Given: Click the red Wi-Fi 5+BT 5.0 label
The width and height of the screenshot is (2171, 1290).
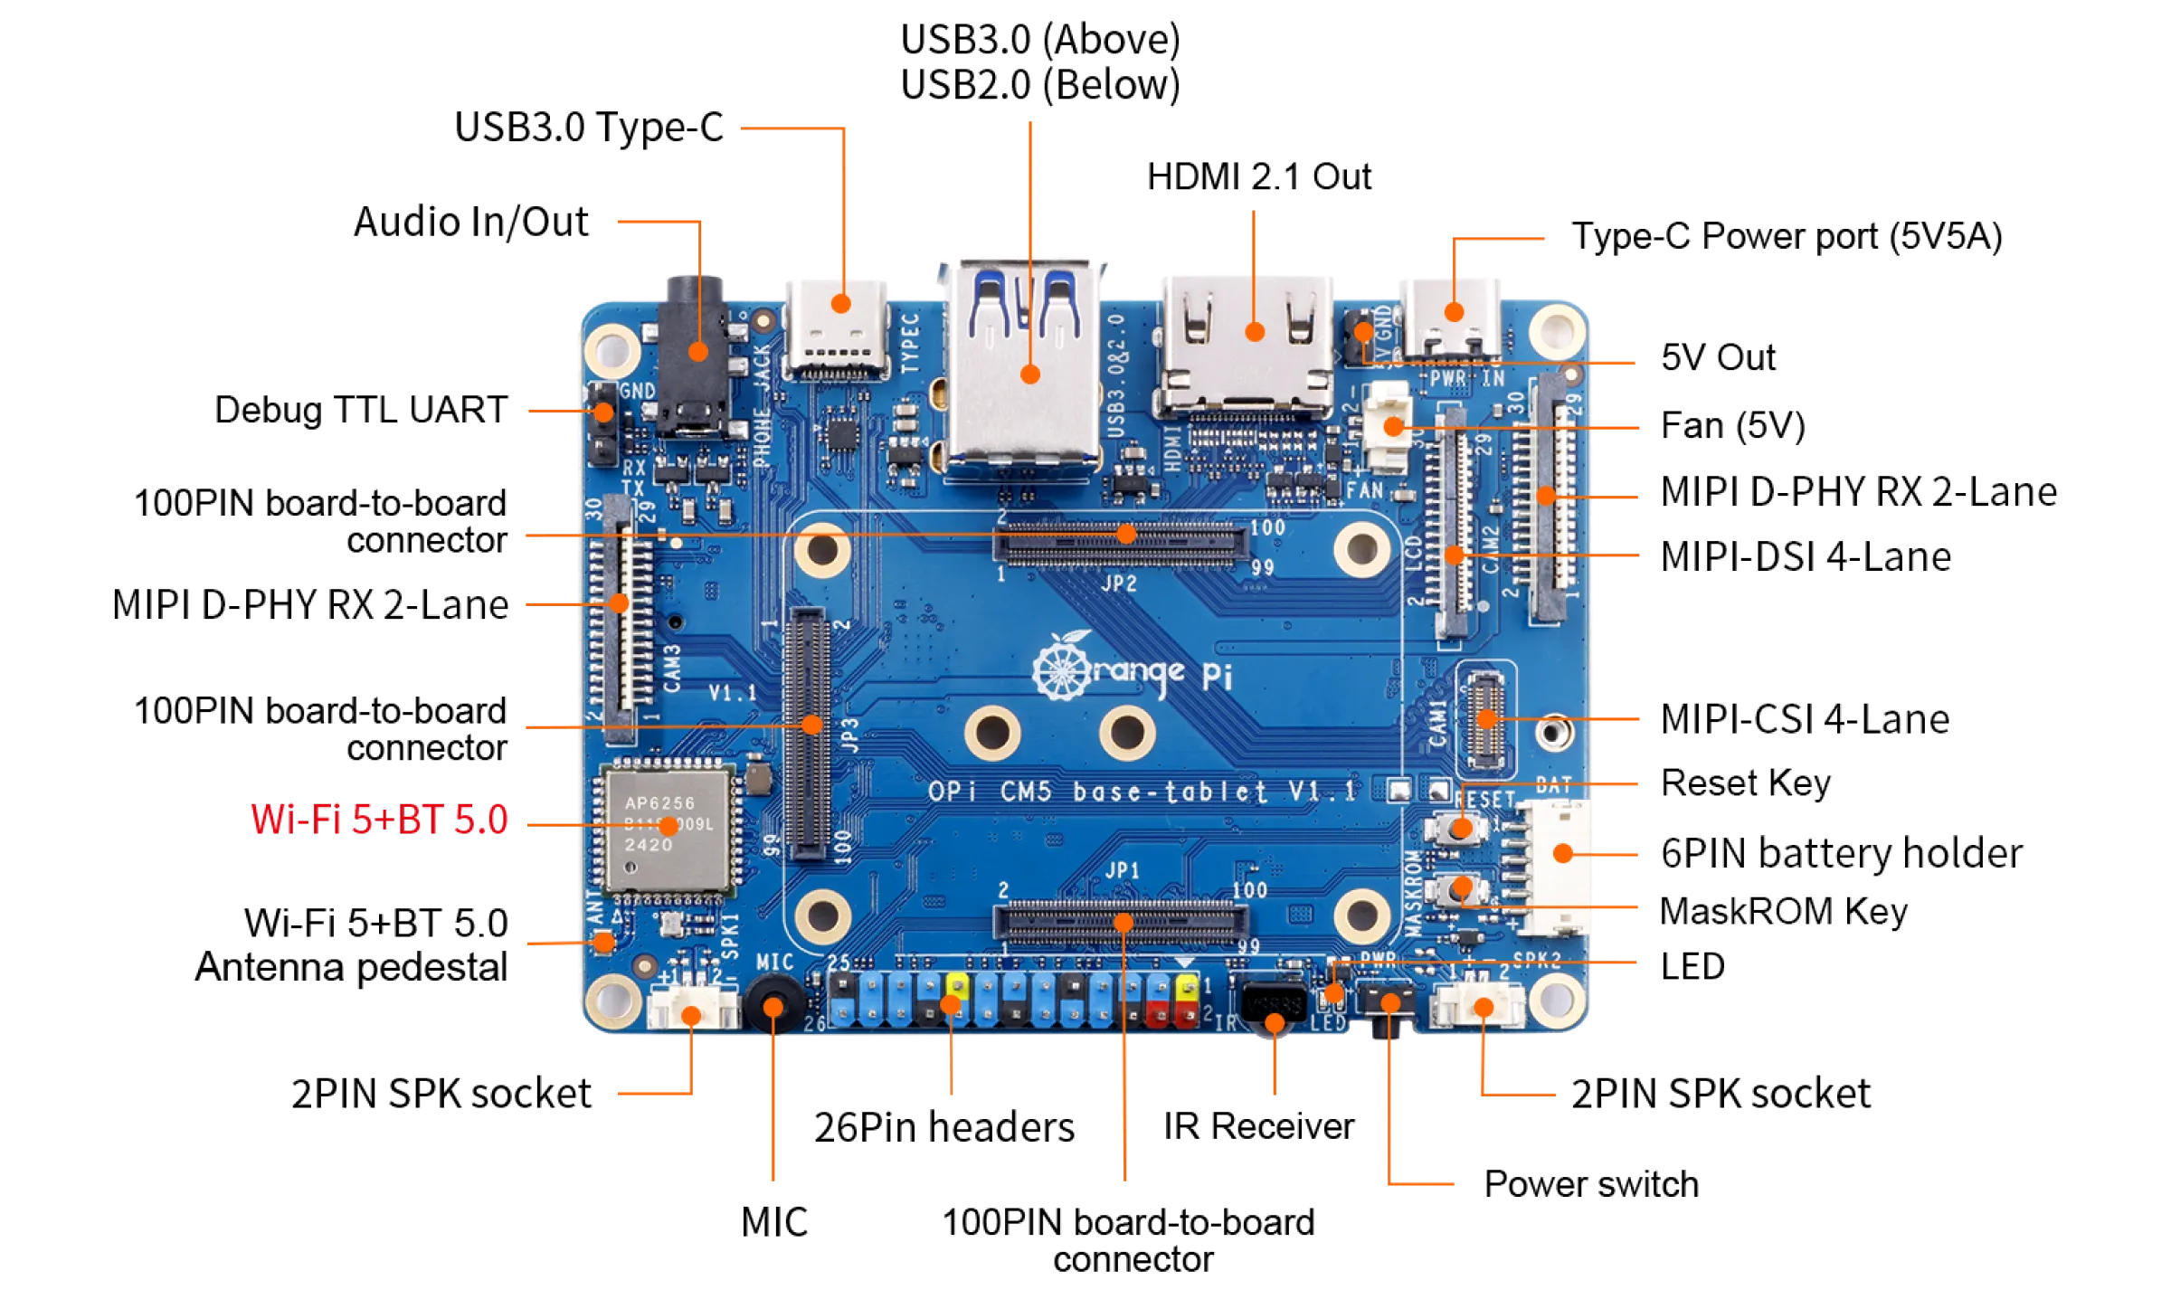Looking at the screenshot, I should [x=378, y=820].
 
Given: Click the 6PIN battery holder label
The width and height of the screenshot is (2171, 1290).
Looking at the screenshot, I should [x=1842, y=853].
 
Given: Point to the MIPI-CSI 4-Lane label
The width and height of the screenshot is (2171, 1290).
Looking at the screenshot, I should [x=1805, y=719].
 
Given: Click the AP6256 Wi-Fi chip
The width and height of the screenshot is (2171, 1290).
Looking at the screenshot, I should [x=668, y=825].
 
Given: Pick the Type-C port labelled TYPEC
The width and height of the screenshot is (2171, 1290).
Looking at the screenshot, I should [x=838, y=326].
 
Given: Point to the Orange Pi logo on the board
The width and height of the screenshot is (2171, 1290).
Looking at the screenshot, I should [x=1131, y=669].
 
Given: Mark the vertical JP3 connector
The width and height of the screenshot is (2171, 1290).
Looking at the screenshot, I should [x=808, y=733].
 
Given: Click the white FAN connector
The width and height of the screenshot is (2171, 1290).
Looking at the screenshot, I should [x=1389, y=425].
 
